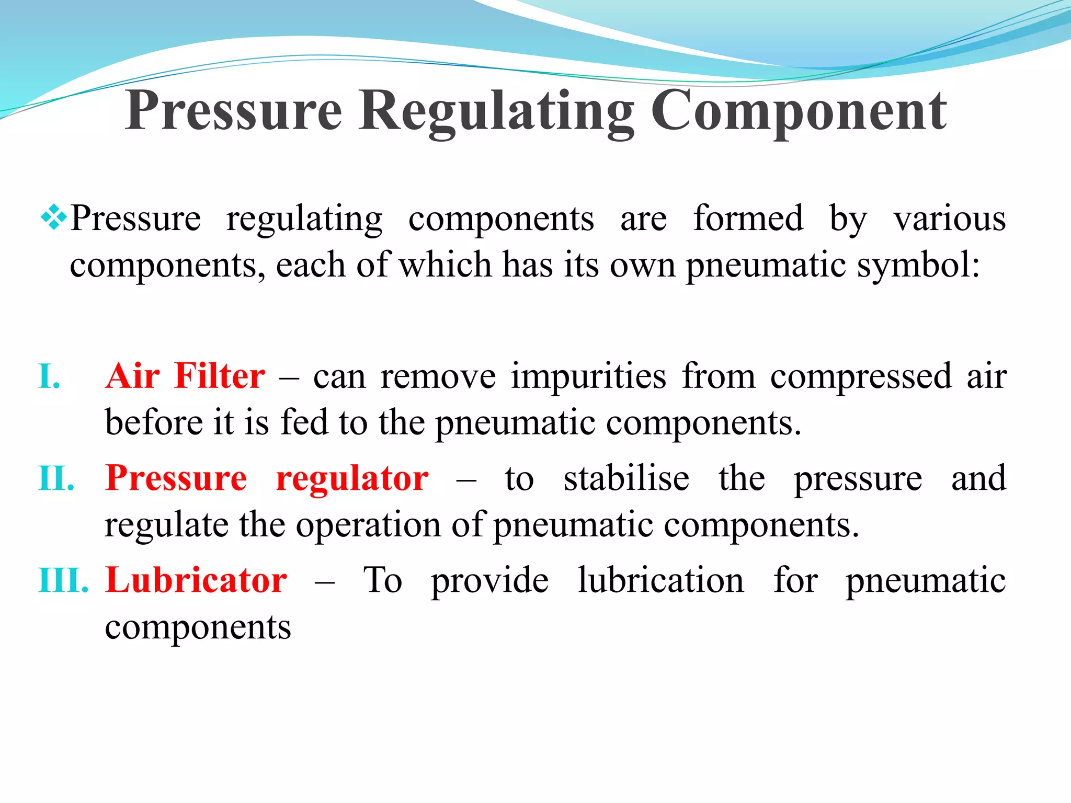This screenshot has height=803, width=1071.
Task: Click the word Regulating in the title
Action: coord(496,111)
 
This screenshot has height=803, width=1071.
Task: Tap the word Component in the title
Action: coord(799,111)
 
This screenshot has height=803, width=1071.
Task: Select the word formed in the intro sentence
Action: coord(748,218)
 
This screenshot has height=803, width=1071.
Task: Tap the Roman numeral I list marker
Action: coord(49,376)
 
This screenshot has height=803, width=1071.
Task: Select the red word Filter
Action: coord(220,376)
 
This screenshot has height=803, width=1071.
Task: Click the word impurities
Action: coord(588,377)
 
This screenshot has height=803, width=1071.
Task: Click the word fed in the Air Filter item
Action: coord(303,422)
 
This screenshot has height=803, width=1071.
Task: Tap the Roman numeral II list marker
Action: coord(56,478)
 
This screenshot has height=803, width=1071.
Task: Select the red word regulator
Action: coord(352,479)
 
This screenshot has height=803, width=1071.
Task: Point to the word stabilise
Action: coord(626,478)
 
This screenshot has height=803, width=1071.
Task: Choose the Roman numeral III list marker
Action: coord(63,580)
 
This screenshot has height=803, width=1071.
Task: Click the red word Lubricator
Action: coord(196,580)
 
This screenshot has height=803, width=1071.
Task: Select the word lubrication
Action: coord(660,580)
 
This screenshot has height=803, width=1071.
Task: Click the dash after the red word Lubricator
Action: coord(324,582)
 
